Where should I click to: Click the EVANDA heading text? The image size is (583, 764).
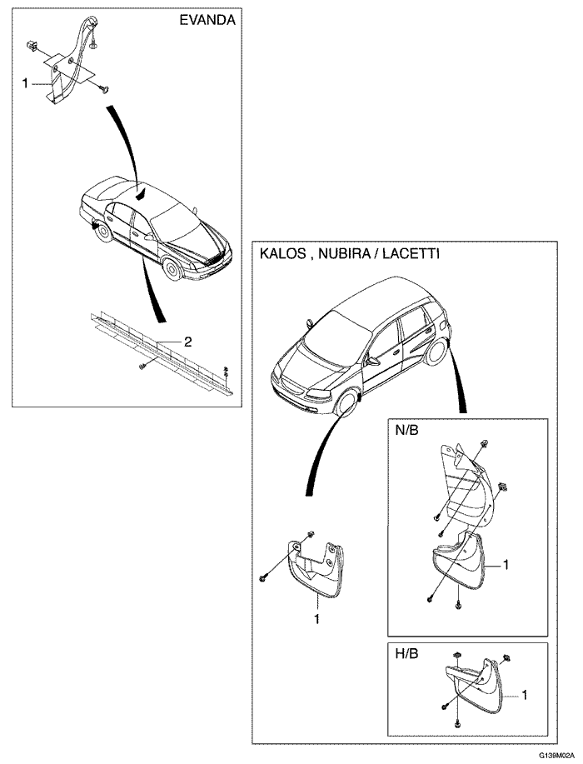[207, 22]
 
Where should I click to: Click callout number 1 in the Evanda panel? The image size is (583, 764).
[25, 83]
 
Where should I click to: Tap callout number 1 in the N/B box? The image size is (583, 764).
[505, 564]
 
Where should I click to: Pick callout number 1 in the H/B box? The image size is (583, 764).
[525, 693]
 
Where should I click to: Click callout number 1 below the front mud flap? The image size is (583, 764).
[317, 618]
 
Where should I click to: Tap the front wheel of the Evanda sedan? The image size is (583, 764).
[172, 269]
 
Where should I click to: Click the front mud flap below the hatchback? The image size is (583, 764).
[315, 567]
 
